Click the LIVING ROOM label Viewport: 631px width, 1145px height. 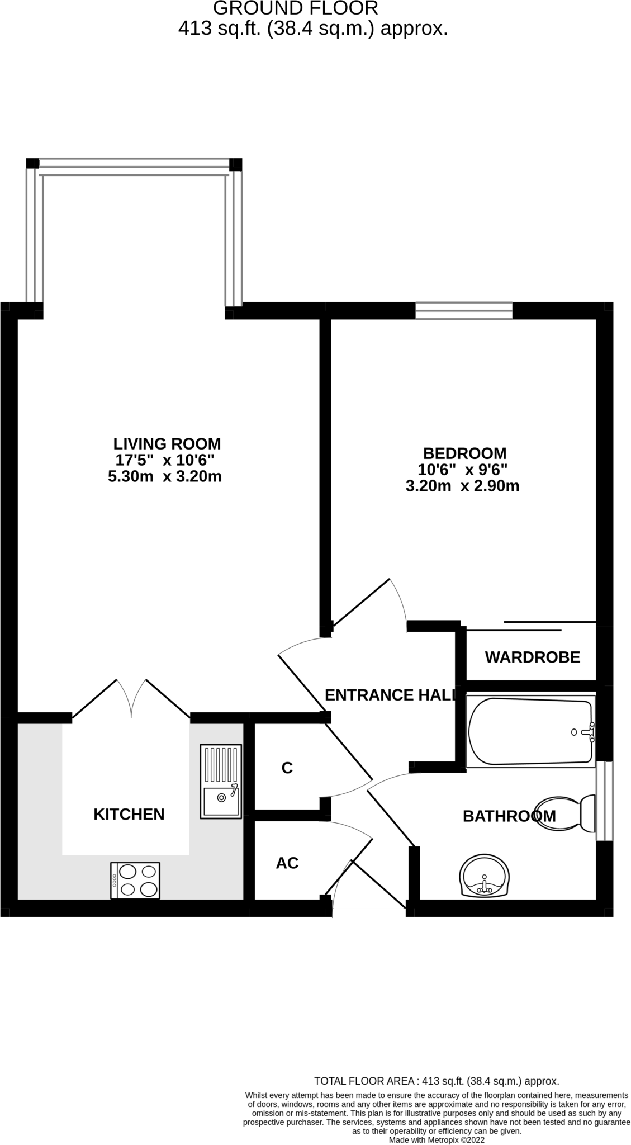167,444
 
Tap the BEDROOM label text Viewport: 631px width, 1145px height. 464,453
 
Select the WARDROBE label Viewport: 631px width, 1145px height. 532,657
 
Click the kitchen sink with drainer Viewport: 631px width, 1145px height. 221,781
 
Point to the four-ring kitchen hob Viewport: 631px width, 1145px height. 135,881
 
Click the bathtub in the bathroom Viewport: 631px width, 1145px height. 530,731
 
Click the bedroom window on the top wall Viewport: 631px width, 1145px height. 463,310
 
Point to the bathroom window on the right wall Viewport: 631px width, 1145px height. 604,801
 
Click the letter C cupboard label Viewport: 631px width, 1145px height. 287,768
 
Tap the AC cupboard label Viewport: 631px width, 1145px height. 287,863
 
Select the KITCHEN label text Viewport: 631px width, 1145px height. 129,814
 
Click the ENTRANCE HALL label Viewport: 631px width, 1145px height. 390,695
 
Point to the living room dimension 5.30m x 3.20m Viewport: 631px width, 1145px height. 164,477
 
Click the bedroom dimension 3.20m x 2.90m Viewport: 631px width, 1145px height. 462,486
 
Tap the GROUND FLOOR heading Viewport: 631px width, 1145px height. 296,8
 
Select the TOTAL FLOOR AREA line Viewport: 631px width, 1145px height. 437,1081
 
